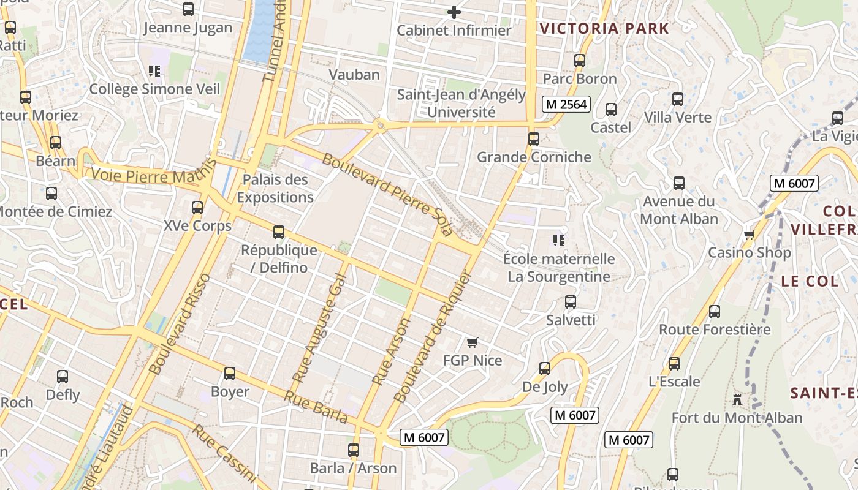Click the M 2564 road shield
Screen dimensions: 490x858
click(x=566, y=105)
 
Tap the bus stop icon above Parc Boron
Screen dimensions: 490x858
click(x=580, y=61)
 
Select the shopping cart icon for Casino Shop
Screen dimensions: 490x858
click(x=749, y=235)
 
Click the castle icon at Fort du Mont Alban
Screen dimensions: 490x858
click(x=737, y=400)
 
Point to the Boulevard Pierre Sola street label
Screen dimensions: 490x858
click(x=387, y=195)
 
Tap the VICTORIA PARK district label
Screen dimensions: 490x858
click(x=604, y=28)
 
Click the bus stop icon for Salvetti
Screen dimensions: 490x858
click(x=571, y=302)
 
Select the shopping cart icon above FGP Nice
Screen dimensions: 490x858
click(x=472, y=342)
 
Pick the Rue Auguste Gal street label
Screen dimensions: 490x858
click(x=320, y=328)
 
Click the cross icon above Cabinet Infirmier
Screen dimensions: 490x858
click(x=454, y=12)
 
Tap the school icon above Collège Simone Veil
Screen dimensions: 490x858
click(x=154, y=71)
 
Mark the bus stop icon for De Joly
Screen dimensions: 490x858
click(x=545, y=369)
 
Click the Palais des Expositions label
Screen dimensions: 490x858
click(x=275, y=189)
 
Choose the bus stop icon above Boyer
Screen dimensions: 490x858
click(x=230, y=374)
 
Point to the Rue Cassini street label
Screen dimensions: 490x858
click(x=223, y=451)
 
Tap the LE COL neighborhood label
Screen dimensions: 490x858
click(x=809, y=281)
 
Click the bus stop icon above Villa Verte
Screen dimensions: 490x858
click(x=678, y=99)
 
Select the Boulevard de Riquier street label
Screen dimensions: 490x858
click(x=431, y=338)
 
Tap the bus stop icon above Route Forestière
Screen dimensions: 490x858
click(x=715, y=312)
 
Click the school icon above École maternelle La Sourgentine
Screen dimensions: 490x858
click(x=558, y=241)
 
